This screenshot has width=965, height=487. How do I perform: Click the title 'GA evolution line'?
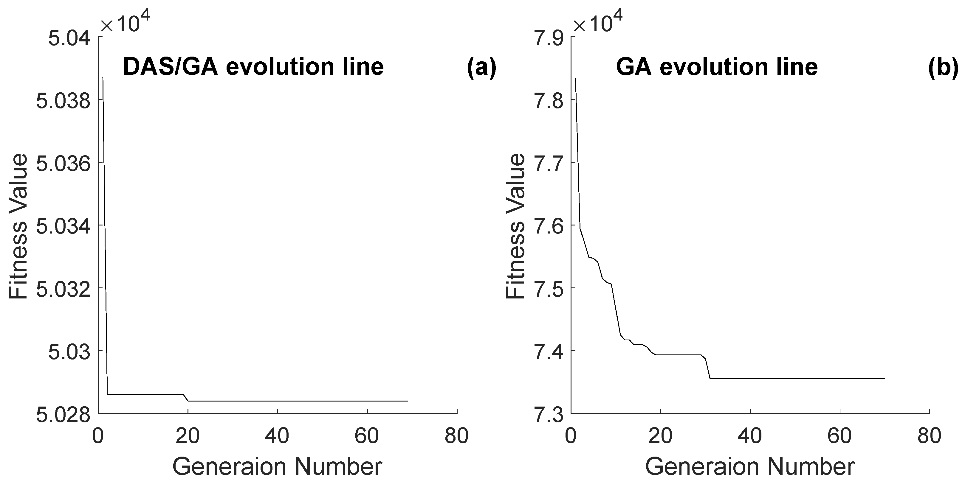point(716,67)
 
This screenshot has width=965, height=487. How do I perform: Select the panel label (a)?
point(481,67)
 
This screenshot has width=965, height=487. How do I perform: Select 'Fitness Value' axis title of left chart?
point(18,226)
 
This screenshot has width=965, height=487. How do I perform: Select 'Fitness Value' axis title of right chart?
point(515,226)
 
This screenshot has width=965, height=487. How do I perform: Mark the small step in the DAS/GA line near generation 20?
point(186,398)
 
